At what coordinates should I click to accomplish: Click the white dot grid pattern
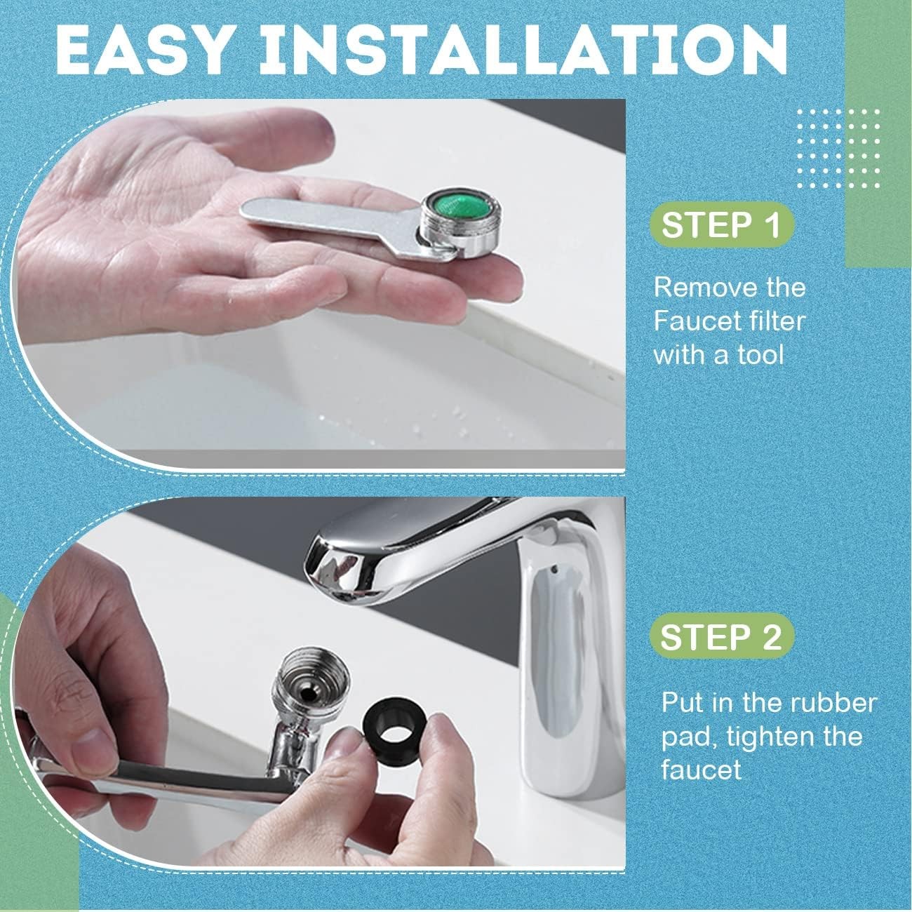click(x=838, y=148)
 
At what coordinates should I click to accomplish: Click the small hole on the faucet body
click(x=554, y=566)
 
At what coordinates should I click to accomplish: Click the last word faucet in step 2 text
click(x=701, y=770)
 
